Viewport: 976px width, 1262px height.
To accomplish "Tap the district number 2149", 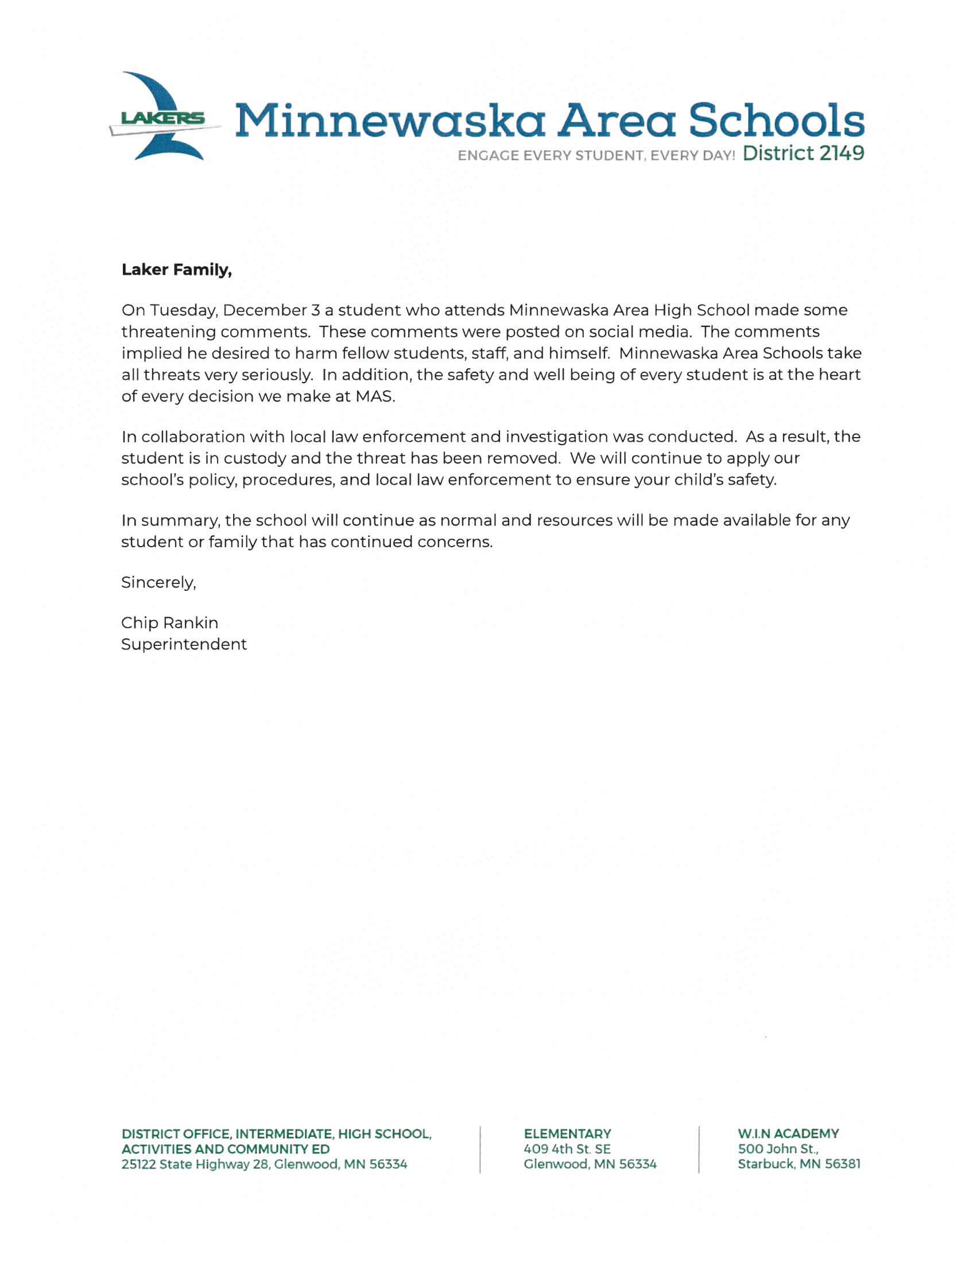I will pyautogui.click(x=841, y=153).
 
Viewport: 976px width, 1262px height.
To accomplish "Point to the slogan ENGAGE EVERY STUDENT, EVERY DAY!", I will pyautogui.click(x=595, y=155).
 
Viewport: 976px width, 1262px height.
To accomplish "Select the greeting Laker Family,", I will pyautogui.click(x=176, y=270).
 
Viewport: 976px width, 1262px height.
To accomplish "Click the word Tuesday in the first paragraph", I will pyautogui.click(x=184, y=310).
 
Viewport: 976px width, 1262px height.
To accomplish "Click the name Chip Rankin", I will pyautogui.click(x=169, y=623).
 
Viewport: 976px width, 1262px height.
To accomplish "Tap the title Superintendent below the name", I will pyautogui.click(x=184, y=644).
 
